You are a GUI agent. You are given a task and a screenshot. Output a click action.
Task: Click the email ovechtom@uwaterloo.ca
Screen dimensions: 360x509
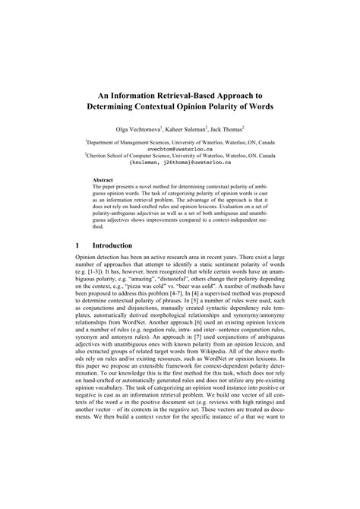[180, 149]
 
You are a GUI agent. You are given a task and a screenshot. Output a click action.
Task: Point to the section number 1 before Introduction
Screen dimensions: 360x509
[77, 246]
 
